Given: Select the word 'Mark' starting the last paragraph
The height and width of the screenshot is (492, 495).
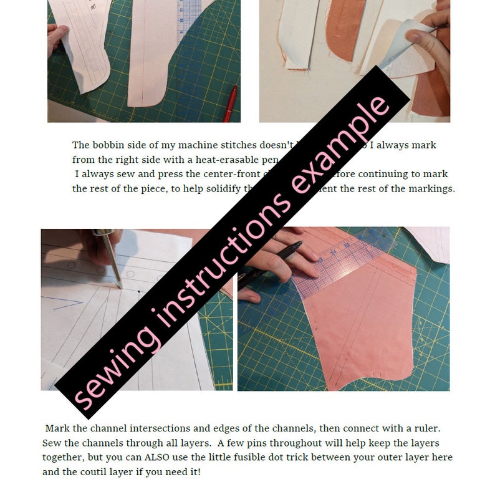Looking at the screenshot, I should pos(58,430).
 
